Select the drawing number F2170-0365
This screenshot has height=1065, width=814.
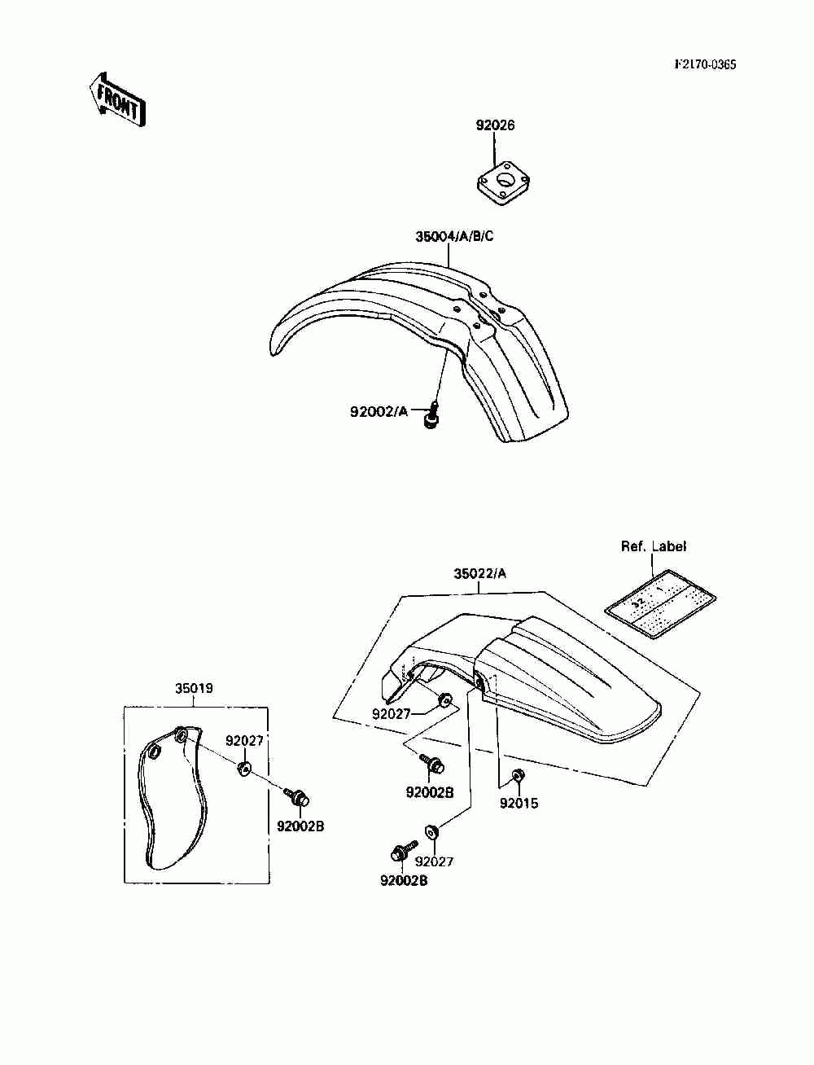(704, 65)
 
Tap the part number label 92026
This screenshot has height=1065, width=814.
(495, 126)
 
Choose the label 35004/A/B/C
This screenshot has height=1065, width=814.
(454, 237)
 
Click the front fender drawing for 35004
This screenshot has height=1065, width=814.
(423, 342)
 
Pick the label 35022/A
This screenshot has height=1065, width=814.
(479, 573)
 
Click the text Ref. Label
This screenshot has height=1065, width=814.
(654, 546)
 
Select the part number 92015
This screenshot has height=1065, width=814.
(519, 804)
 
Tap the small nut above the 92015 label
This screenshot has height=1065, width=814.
(518, 774)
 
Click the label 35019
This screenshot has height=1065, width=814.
(194, 688)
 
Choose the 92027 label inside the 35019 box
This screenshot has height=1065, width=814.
(244, 741)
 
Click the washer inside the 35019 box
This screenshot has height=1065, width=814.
(244, 768)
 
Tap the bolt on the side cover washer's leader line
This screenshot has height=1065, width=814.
(296, 798)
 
